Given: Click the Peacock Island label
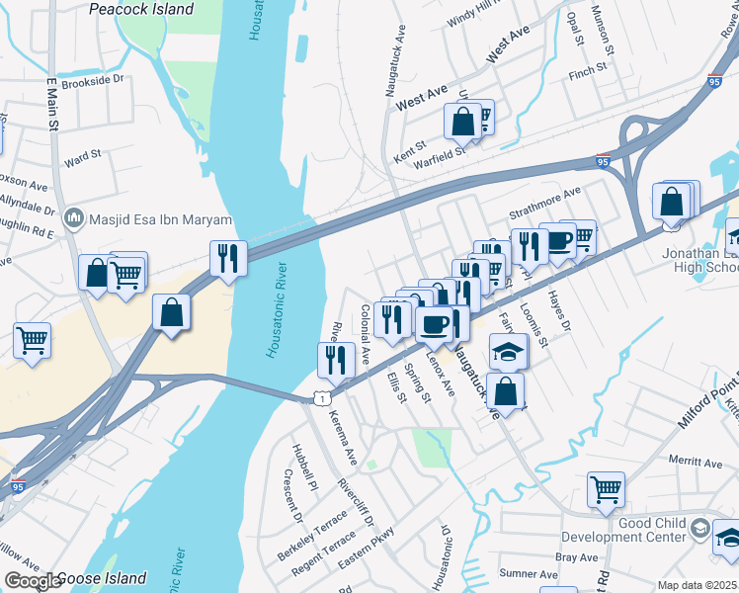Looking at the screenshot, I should point(141,9).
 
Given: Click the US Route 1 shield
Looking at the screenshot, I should point(320,397).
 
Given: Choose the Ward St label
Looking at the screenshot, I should point(82,156).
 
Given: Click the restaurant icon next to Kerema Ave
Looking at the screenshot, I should point(336,359).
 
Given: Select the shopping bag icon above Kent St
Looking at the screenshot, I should point(462,123).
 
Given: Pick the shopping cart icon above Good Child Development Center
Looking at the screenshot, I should point(606,488).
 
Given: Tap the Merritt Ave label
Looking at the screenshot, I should point(695,462).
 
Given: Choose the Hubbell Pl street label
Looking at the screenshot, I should point(303,466).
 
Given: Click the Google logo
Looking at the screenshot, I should point(32,581).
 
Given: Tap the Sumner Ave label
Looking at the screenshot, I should point(529,573).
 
